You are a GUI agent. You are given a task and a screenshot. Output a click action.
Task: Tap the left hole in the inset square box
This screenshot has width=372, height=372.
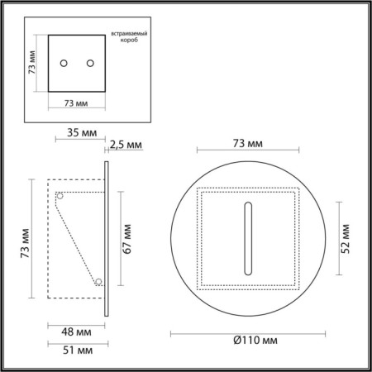(64, 64)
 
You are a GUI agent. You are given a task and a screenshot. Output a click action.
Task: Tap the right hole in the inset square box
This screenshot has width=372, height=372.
(88, 64)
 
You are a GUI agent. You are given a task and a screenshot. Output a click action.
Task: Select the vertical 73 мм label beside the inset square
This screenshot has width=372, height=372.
(31, 63)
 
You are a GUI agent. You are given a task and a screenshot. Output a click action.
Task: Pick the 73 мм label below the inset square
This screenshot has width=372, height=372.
(76, 104)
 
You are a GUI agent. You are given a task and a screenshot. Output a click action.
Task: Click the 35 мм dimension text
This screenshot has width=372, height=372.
(77, 131)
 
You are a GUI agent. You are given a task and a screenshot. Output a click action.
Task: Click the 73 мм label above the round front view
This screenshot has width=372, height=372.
(249, 143)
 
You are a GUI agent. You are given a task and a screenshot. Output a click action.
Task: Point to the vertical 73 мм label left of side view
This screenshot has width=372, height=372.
(24, 240)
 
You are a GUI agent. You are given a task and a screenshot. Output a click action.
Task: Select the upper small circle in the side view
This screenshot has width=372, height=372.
(60, 196)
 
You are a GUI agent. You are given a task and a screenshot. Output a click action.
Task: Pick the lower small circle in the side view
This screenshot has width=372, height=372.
(98, 282)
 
